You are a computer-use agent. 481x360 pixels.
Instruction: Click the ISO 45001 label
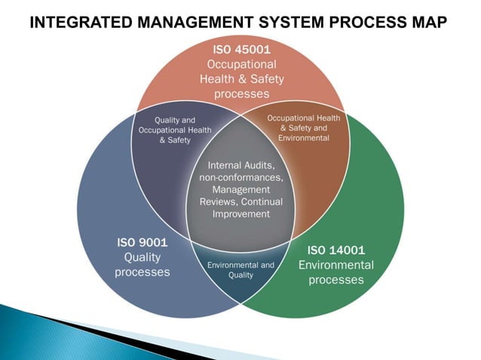(240, 50)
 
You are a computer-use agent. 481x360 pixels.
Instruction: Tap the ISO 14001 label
(336, 249)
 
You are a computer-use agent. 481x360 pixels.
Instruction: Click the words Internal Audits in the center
(240, 165)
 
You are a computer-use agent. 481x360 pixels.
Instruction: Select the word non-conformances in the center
(240, 178)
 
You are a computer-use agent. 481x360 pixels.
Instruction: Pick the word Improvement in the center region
(240, 215)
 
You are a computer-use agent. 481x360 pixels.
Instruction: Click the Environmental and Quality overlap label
(240, 270)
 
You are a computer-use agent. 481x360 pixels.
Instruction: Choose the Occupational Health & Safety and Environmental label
(304, 128)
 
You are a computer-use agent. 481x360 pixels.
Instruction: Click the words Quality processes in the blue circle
(142, 264)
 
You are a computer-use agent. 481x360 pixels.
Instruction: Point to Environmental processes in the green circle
(336, 273)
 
